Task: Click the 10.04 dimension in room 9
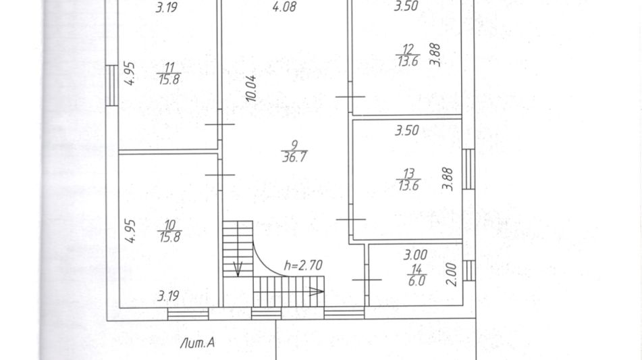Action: (251, 88)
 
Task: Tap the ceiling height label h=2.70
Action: (303, 265)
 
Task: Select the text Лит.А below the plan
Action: (197, 343)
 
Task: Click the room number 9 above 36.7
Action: (294, 145)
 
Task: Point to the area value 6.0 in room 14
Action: (417, 281)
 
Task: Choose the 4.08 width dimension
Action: (285, 7)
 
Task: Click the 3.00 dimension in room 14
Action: (416, 255)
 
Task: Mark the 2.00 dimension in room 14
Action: (451, 274)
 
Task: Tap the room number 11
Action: (169, 67)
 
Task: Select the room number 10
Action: (169, 225)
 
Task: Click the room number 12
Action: (408, 49)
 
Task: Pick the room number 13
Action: (408, 174)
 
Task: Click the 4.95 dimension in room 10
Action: (130, 231)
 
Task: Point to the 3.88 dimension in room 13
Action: (448, 179)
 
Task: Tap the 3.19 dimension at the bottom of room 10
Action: (168, 296)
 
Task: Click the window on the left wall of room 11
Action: (112, 86)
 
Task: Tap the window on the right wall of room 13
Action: (469, 169)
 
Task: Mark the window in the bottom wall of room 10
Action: (188, 313)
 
